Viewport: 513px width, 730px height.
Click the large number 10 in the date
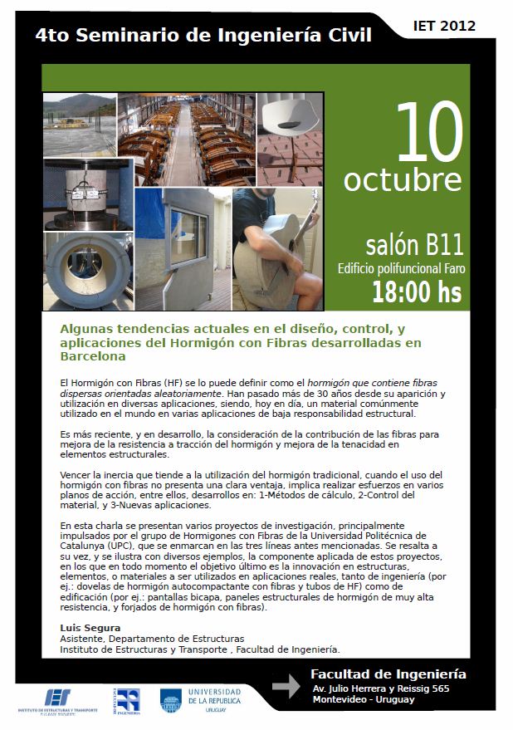coord(430,131)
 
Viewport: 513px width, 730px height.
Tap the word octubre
coord(403,180)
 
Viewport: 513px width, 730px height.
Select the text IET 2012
coord(444,26)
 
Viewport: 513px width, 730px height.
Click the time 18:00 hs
coord(417,292)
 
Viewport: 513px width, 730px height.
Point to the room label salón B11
coord(414,245)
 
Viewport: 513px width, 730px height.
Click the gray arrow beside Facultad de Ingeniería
coord(286,686)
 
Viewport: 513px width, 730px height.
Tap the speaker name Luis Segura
coord(90,628)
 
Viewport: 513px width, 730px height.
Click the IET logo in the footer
coord(58,701)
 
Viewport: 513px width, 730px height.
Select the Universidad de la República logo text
coord(215,700)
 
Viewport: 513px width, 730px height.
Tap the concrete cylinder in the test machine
coord(85,192)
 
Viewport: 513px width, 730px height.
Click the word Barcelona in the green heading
coord(93,356)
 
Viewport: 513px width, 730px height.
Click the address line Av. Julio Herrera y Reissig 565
coord(381,688)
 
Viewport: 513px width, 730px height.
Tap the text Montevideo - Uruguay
coord(364,699)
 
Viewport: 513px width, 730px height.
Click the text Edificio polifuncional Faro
coord(401,268)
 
